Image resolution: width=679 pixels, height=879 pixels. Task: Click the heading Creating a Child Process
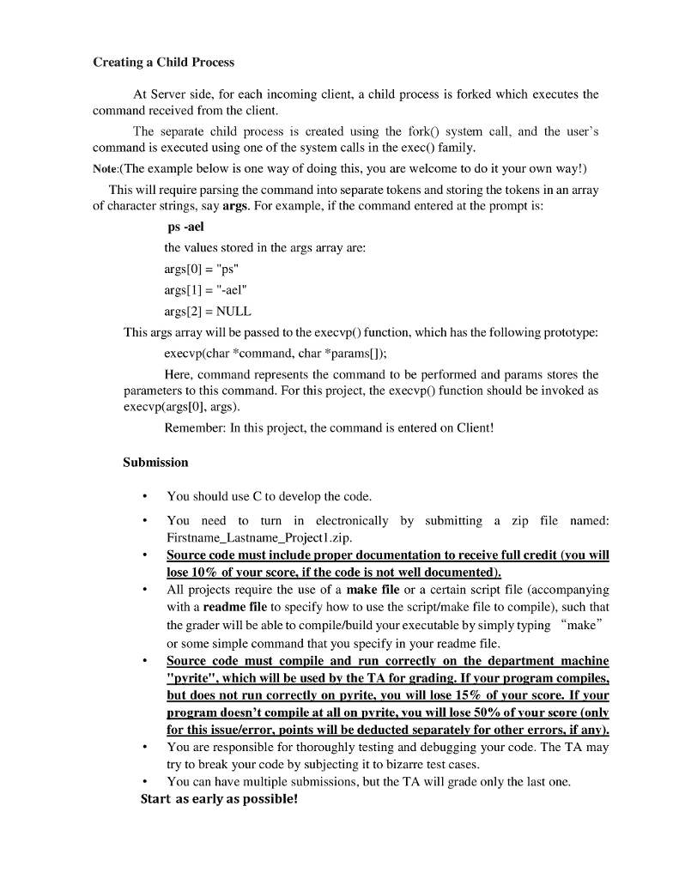[163, 63]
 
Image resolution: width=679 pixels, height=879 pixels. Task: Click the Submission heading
[155, 462]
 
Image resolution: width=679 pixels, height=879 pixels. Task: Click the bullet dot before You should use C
[146, 497]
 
